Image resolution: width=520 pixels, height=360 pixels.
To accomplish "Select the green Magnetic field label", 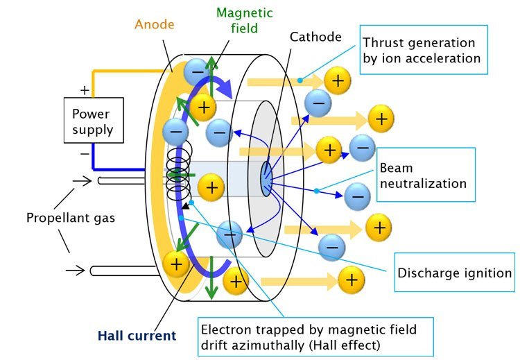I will pos(244,20).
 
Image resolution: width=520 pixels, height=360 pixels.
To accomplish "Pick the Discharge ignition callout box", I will pos(454,272).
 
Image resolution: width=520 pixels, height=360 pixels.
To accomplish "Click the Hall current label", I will pos(137,336).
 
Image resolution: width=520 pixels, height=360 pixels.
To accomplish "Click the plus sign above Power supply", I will pos(85,89).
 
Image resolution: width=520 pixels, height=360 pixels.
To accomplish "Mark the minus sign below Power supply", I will pos(85,153).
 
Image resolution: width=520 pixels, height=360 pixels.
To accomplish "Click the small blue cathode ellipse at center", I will pos(267,179).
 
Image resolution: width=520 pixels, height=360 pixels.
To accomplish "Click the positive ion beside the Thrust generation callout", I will pos(337,82).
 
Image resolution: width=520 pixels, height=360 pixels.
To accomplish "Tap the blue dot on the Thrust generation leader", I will pos(300,80).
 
